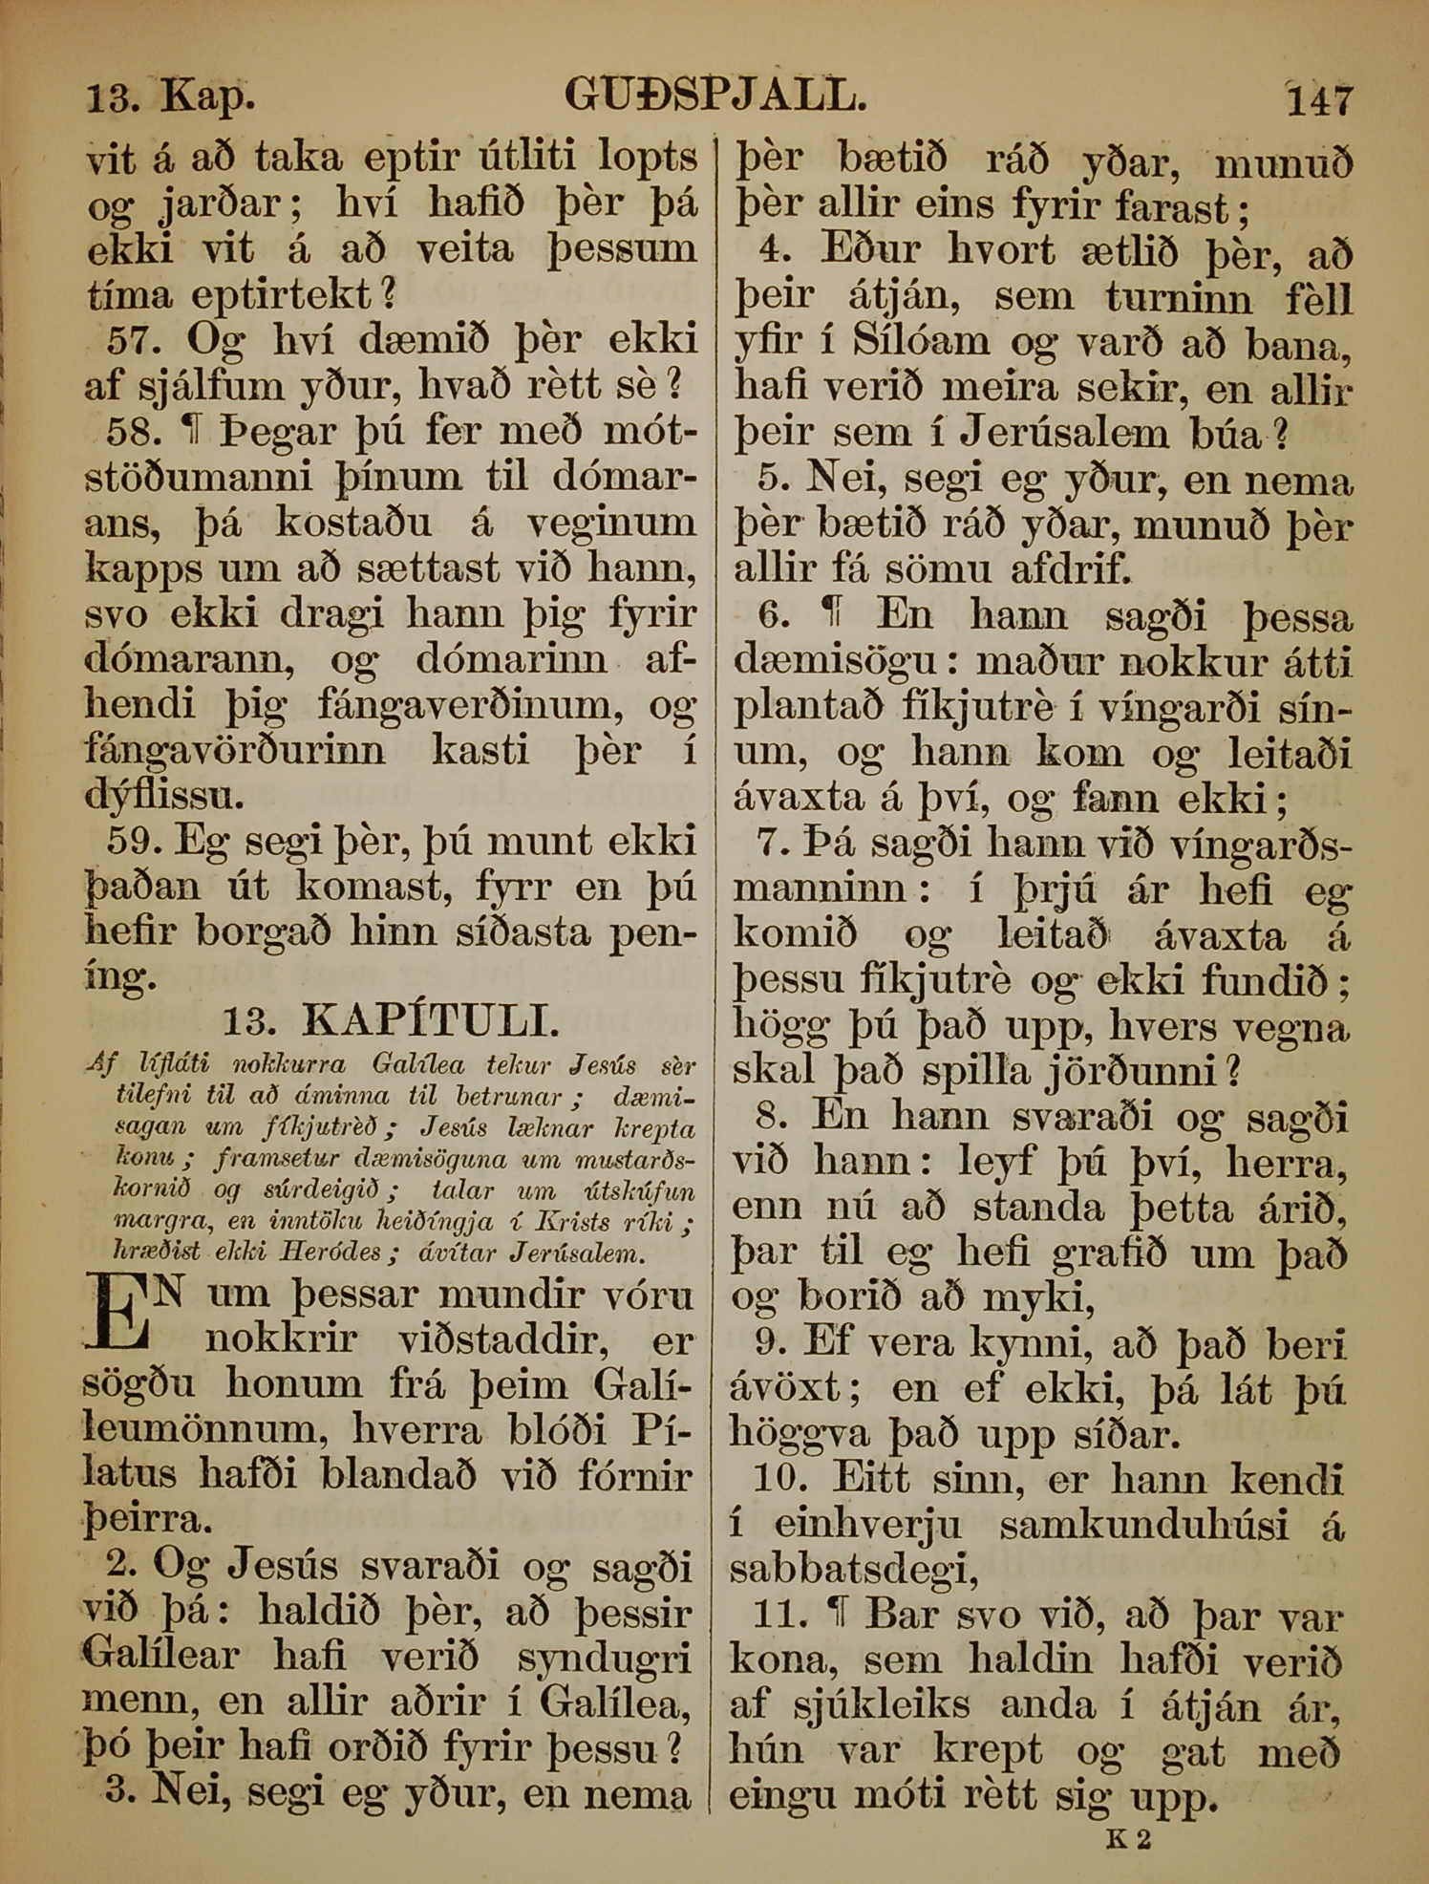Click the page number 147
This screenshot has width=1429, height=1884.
tap(1320, 100)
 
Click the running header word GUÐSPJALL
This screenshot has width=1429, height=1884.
tap(715, 96)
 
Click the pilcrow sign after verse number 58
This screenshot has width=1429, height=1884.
tap(198, 433)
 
